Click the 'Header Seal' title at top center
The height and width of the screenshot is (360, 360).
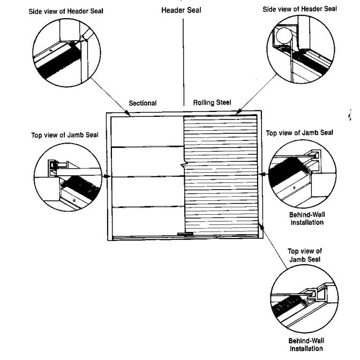pyautogui.click(x=181, y=10)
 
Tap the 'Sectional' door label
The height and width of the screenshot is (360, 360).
pyautogui.click(x=142, y=103)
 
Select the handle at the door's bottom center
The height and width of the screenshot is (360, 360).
pyautogui.click(x=184, y=234)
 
